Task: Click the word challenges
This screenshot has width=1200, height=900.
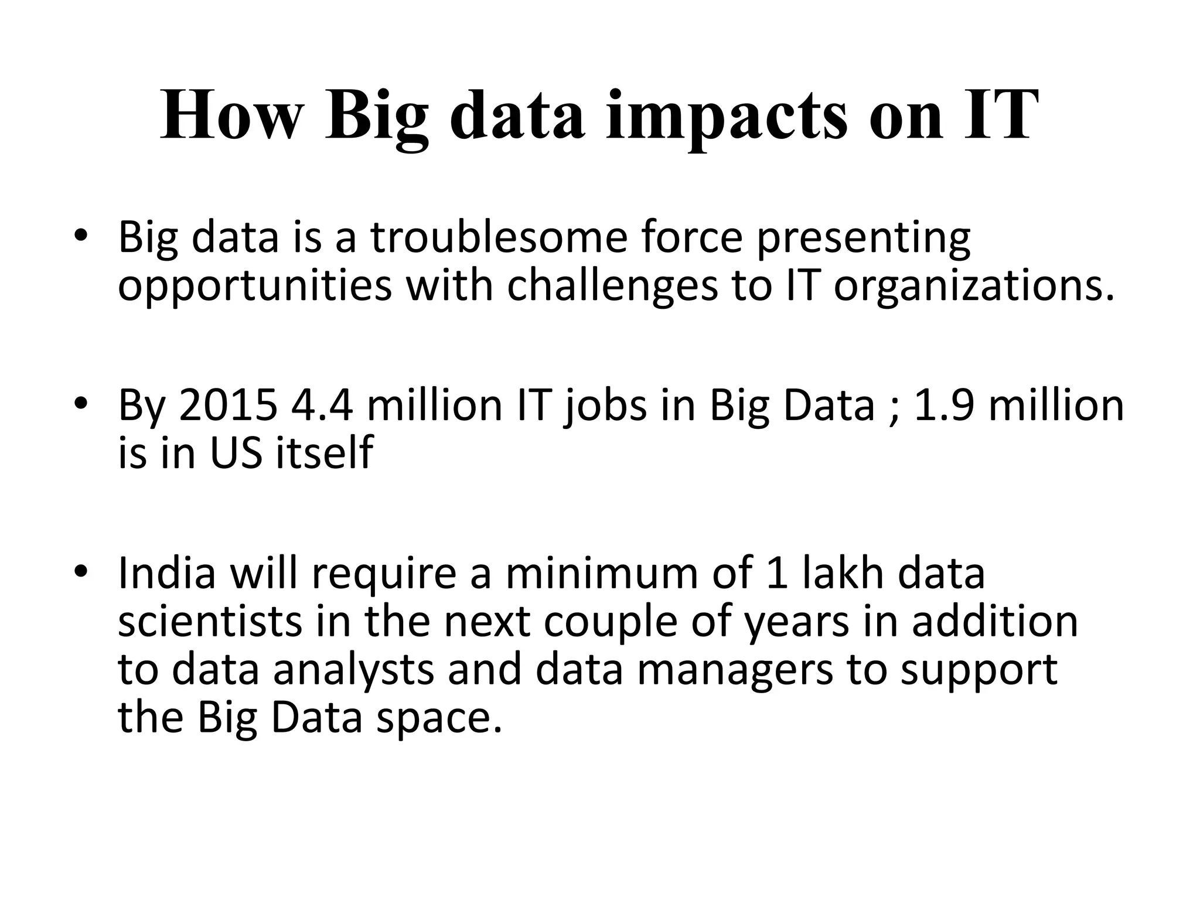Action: [x=612, y=287]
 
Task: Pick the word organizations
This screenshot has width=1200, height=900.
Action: [x=973, y=287]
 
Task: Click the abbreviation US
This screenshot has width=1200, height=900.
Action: [x=236, y=453]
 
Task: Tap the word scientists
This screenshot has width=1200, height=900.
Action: [x=210, y=622]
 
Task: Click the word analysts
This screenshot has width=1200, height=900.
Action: [x=353, y=670]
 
